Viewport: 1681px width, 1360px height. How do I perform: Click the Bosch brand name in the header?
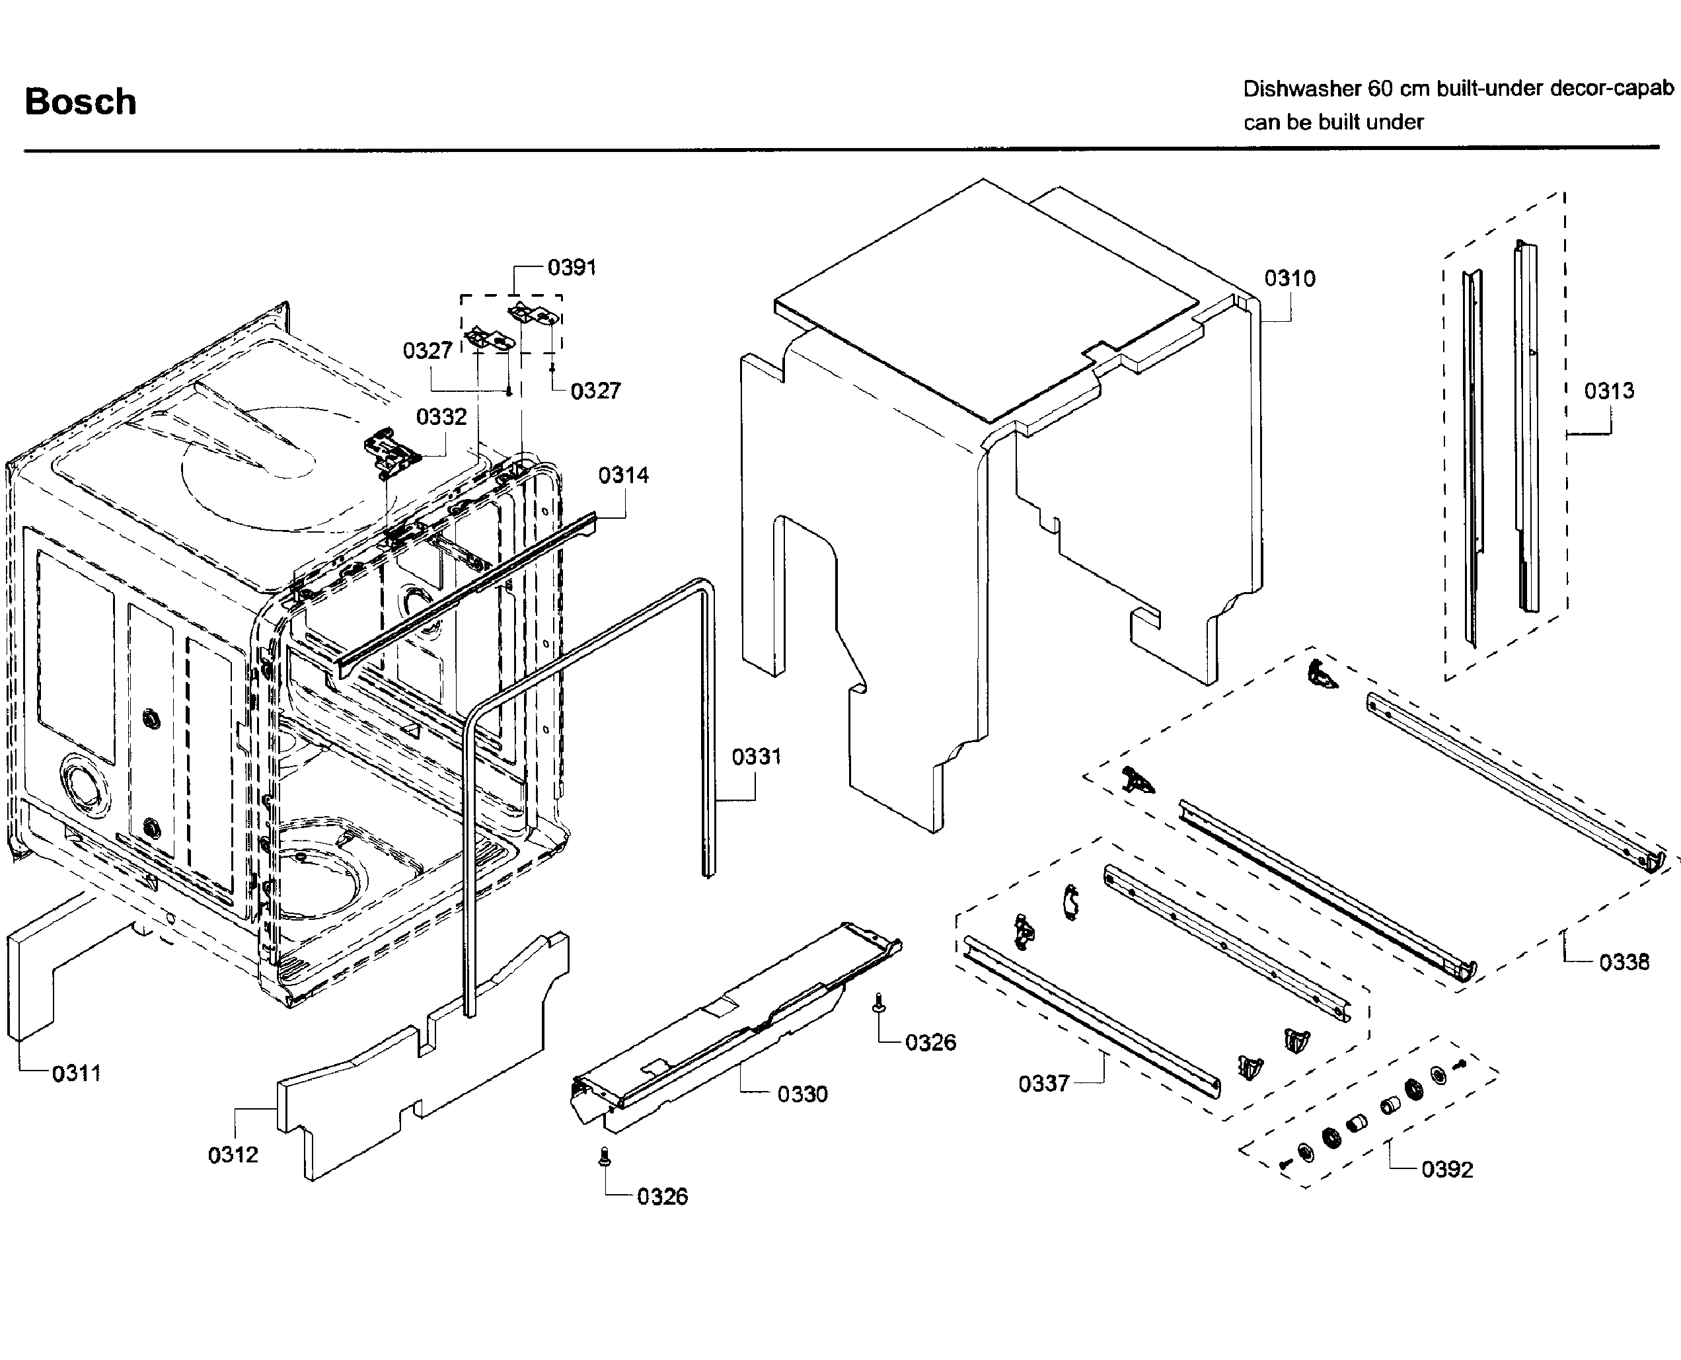[x=81, y=102]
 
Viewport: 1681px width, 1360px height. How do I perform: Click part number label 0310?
[x=1289, y=278]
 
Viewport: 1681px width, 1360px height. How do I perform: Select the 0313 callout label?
[x=1609, y=391]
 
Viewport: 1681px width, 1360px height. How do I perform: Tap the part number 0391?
[x=572, y=268]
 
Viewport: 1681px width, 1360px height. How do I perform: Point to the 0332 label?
[x=441, y=417]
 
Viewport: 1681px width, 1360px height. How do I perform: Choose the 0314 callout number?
[x=624, y=474]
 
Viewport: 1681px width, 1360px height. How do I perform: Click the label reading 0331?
[x=757, y=757]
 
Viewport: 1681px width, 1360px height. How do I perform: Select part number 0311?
[x=77, y=1073]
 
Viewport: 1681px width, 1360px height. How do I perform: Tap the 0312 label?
[x=233, y=1154]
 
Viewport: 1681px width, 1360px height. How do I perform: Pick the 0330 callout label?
[x=802, y=1094]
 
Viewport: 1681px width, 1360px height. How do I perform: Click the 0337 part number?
[x=1043, y=1084]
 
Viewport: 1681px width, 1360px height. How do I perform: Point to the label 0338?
[x=1624, y=962]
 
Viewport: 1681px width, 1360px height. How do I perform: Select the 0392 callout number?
[x=1448, y=1170]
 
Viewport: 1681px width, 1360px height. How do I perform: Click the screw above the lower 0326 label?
[x=604, y=1157]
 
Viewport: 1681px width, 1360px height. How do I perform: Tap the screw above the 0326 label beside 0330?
[x=878, y=1002]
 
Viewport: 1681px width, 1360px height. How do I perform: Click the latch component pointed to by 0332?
[x=390, y=453]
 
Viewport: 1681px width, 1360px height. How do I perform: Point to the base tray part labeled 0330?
[x=736, y=1026]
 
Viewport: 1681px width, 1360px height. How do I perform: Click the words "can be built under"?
[x=1333, y=123]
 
